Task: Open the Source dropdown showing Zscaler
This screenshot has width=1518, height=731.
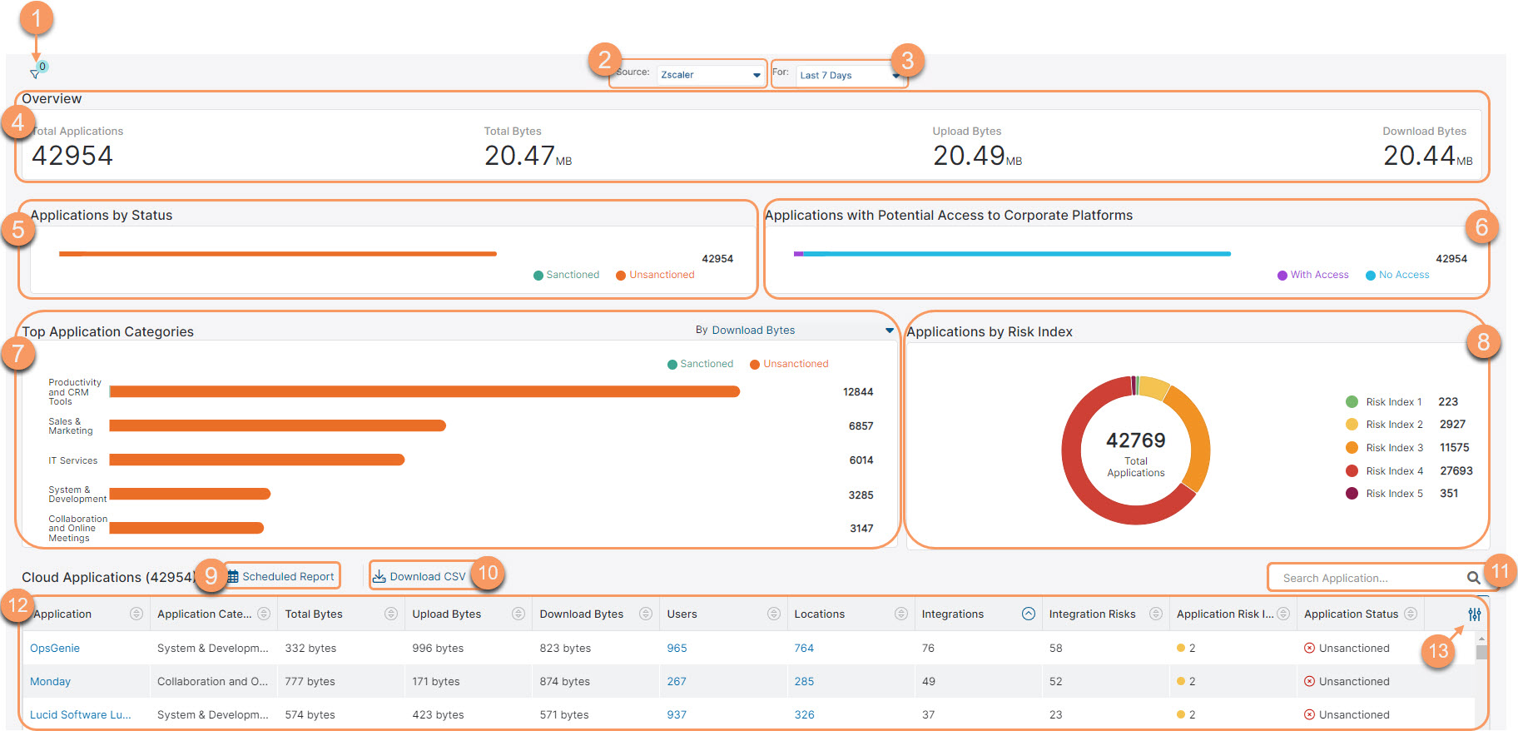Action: point(710,75)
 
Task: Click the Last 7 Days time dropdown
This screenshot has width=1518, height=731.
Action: point(847,76)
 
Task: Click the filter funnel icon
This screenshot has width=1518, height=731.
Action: point(34,74)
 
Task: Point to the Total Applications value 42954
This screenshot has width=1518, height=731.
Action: point(72,156)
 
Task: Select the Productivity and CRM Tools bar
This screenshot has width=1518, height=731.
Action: point(424,391)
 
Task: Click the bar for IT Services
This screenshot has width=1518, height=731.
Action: point(256,460)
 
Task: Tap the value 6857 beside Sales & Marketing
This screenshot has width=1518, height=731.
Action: point(861,425)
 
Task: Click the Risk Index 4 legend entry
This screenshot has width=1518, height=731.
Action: point(1394,471)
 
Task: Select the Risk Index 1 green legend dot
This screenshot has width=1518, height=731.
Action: point(1352,402)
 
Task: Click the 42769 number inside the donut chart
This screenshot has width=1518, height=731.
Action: point(1135,440)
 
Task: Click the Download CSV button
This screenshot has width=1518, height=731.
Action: point(420,576)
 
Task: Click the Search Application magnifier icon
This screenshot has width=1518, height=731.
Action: point(1473,578)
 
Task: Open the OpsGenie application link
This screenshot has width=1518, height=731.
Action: point(55,648)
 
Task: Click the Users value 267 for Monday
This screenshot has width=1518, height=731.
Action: point(677,681)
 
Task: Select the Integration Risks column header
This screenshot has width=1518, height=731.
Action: point(1092,614)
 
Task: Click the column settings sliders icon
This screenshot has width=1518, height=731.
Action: point(1474,614)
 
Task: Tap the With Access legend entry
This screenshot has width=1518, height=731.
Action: point(1318,275)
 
